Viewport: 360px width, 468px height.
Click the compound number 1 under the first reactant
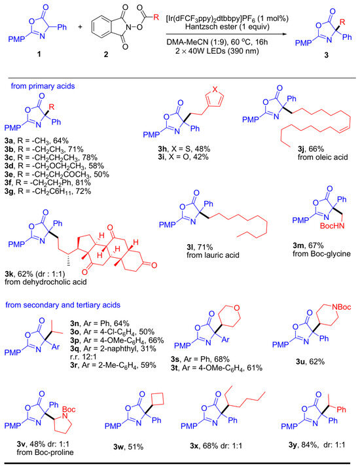click(x=39, y=54)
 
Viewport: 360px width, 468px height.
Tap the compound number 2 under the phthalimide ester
click(x=106, y=54)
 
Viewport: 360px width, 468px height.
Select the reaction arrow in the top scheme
click(x=226, y=34)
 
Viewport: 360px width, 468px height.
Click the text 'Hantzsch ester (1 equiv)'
click(x=227, y=27)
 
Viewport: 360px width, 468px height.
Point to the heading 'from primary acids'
click(x=43, y=86)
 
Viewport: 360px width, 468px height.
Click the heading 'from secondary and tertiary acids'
click(x=63, y=305)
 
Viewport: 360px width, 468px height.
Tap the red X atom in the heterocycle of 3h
click(x=215, y=88)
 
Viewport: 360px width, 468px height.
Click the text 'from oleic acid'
click(x=323, y=157)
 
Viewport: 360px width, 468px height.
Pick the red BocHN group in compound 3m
click(x=332, y=226)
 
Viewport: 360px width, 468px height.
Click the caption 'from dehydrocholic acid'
click(x=46, y=281)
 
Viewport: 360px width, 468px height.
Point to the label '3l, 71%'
click(x=200, y=247)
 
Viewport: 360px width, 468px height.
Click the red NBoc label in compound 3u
click(x=341, y=307)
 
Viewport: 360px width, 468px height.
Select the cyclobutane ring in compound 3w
click(x=158, y=399)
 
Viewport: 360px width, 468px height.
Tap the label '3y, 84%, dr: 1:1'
click(x=317, y=444)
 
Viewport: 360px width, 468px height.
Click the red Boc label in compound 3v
click(x=69, y=409)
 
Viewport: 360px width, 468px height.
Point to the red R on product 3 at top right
click(x=342, y=22)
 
